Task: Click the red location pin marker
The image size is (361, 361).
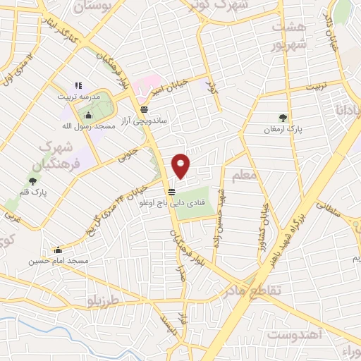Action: click(x=182, y=166)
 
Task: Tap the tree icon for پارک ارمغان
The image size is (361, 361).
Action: click(x=283, y=118)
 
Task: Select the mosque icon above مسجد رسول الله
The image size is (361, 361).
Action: click(x=88, y=116)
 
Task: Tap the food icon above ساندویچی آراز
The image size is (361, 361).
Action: click(x=144, y=109)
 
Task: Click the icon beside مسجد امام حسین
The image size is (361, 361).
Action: click(x=58, y=250)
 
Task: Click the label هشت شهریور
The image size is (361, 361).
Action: click(x=289, y=35)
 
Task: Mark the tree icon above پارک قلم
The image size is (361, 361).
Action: click(x=32, y=182)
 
